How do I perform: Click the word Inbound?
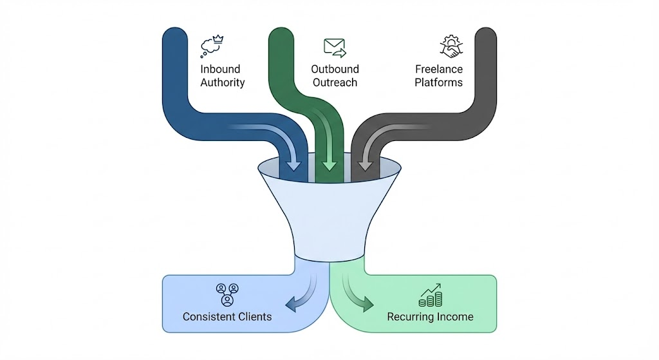[x=220, y=69]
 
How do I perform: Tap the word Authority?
[x=223, y=82]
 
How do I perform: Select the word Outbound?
[x=335, y=69]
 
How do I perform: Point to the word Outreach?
[x=334, y=82]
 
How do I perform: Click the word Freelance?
[x=440, y=69]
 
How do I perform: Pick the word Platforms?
[x=438, y=82]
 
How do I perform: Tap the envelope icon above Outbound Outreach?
[x=335, y=47]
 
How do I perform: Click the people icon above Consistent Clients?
[x=227, y=294]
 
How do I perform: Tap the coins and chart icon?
[x=430, y=296]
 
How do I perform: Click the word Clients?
[x=257, y=316]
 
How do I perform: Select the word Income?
[x=458, y=316]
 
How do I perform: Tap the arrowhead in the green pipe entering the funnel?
[x=329, y=165]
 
